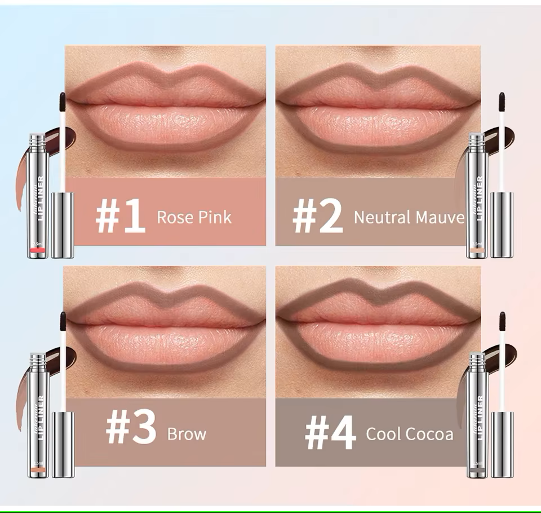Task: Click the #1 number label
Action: point(121,216)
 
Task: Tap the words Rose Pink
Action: point(194,217)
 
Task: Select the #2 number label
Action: point(317,216)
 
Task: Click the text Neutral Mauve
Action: point(409,217)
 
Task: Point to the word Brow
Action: point(187,434)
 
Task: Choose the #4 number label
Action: point(330,433)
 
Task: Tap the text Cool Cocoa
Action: point(409,434)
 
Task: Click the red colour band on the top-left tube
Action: point(37,249)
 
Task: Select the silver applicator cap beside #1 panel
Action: point(63,225)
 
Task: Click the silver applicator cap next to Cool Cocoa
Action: point(502,445)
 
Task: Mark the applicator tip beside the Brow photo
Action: point(63,322)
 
